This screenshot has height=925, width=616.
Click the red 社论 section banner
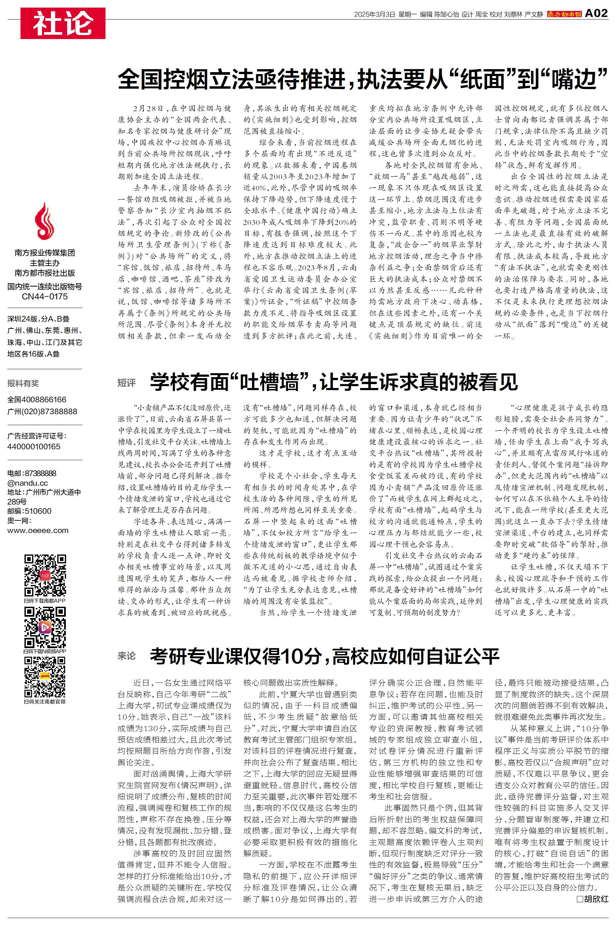coord(63,23)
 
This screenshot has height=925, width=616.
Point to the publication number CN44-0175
coord(44,297)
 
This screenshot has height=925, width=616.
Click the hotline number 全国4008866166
coord(37,400)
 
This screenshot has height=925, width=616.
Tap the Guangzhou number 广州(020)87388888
coord(42,412)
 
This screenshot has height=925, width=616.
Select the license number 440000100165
coord(34,446)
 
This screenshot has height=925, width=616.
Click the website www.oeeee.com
coord(38,530)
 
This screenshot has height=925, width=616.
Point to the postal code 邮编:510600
coord(29,511)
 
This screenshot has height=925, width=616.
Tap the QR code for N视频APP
coord(45,627)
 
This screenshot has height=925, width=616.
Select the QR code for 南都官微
coord(45,677)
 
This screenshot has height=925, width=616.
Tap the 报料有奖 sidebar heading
coord(23,383)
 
